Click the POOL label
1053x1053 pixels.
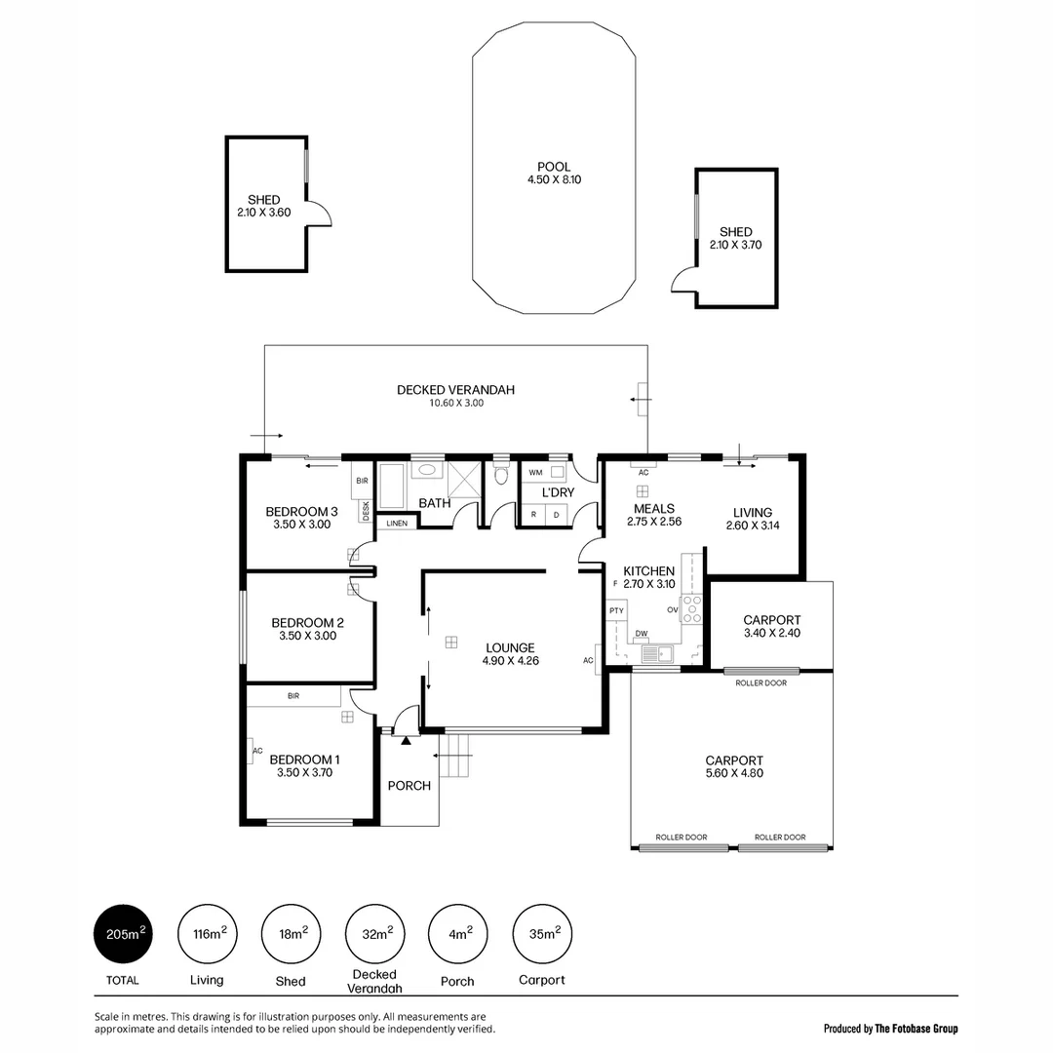click(x=554, y=167)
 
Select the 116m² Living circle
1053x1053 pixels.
click(x=207, y=935)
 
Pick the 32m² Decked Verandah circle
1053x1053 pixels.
click(x=374, y=935)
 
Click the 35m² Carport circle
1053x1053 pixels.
click(x=542, y=935)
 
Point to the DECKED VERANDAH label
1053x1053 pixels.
click(x=455, y=390)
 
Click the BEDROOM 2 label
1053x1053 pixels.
click(x=307, y=623)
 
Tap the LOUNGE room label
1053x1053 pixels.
click(x=510, y=647)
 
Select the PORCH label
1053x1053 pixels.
click(x=409, y=786)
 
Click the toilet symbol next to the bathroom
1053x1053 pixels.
click(x=501, y=475)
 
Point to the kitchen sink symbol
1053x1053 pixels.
click(x=666, y=652)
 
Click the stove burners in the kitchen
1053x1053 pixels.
click(x=691, y=611)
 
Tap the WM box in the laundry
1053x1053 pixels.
click(x=535, y=472)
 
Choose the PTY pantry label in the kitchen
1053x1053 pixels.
click(x=616, y=611)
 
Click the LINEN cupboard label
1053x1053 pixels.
click(x=397, y=524)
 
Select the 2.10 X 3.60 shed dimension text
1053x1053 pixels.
click(x=263, y=212)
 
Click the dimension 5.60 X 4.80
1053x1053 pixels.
click(x=733, y=773)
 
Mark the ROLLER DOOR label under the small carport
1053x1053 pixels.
click(x=760, y=682)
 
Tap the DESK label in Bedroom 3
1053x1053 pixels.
click(x=366, y=511)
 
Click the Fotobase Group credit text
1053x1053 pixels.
click(x=890, y=1028)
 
